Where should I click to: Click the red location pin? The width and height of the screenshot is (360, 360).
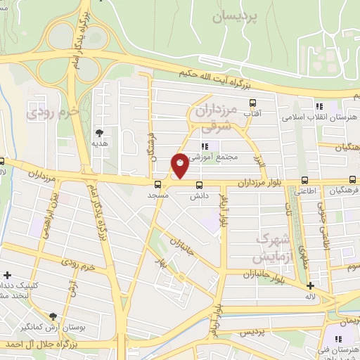coord(181,165)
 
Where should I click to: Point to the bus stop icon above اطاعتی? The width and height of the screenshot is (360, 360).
coord(304,179)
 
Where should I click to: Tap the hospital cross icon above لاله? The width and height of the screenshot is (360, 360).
coord(310,285)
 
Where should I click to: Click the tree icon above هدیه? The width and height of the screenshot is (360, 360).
coord(101,132)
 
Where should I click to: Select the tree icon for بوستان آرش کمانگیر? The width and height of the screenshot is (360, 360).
coord(53,317)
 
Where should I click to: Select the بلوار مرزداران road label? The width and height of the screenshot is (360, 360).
coord(257,182)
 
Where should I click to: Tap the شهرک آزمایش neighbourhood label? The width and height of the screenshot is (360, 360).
coord(271,247)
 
